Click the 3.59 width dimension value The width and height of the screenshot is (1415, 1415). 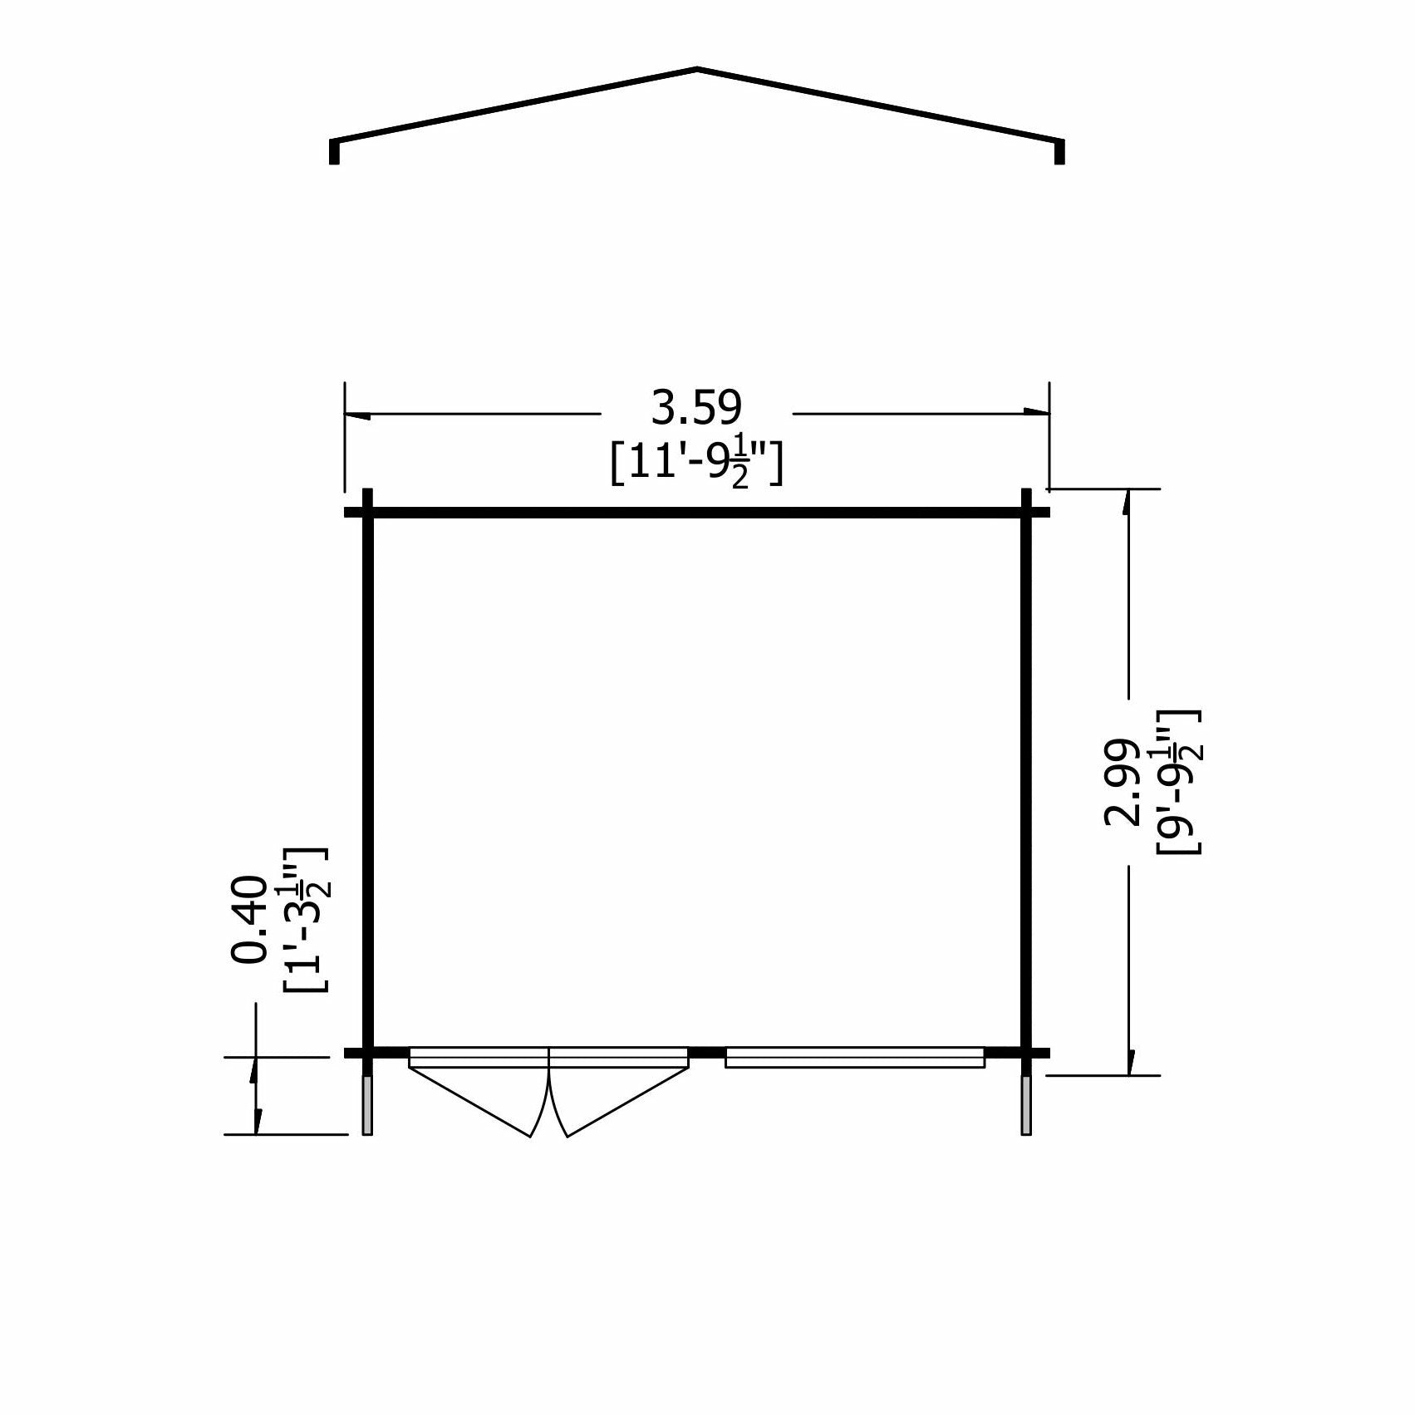pyautogui.click(x=696, y=409)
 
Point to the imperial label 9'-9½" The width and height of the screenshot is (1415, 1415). pyautogui.click(x=1178, y=782)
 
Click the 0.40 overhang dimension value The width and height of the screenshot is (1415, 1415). pyautogui.click(x=250, y=919)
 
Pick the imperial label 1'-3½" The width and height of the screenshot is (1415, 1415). pyautogui.click(x=305, y=919)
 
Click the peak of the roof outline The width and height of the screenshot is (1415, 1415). pyautogui.click(x=697, y=69)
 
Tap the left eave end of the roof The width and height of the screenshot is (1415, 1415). pyautogui.click(x=334, y=151)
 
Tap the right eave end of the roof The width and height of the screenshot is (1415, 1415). pyautogui.click(x=1059, y=151)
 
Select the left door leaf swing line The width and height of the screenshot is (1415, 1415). pyautogui.click(x=469, y=1103)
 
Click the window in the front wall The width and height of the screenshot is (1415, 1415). pyautogui.click(x=854, y=1057)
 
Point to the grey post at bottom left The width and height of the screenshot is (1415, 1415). pyautogui.click(x=367, y=1105)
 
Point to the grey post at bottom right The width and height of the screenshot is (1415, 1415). pyautogui.click(x=1026, y=1105)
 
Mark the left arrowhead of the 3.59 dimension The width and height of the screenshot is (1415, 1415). pyautogui.click(x=357, y=414)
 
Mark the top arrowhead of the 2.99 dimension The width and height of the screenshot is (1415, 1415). pyautogui.click(x=1128, y=502)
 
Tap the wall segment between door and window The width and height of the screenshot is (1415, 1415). pyautogui.click(x=707, y=1053)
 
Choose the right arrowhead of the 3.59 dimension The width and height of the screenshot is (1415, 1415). pyautogui.click(x=1036, y=412)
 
